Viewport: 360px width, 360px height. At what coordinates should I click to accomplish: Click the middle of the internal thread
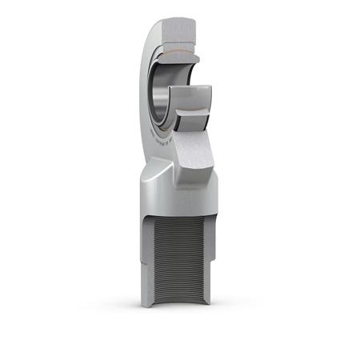click(176, 248)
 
